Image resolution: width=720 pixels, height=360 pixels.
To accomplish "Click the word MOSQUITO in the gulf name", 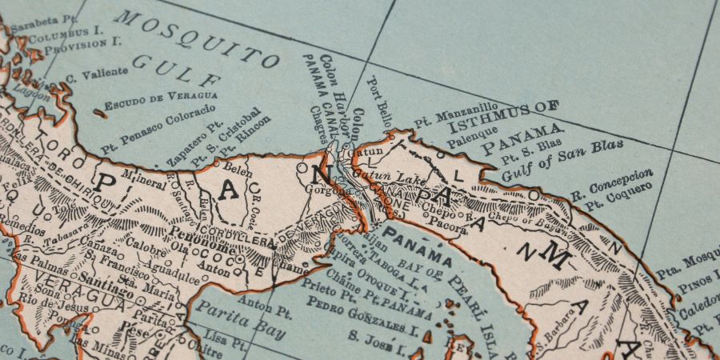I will pyautogui.click(x=195, y=39).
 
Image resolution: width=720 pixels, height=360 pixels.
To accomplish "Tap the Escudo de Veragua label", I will pyautogui.click(x=162, y=101).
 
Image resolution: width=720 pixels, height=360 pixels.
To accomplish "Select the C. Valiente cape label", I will pyautogui.click(x=97, y=74).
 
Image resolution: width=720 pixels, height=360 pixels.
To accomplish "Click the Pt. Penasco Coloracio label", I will pyautogui.click(x=158, y=128).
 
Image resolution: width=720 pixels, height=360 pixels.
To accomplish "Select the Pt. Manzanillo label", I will pyautogui.click(x=455, y=115).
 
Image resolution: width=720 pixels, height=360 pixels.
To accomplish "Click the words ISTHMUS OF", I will pyautogui.click(x=502, y=117).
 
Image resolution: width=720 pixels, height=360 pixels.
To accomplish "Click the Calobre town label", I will pyautogui.click(x=146, y=245).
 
